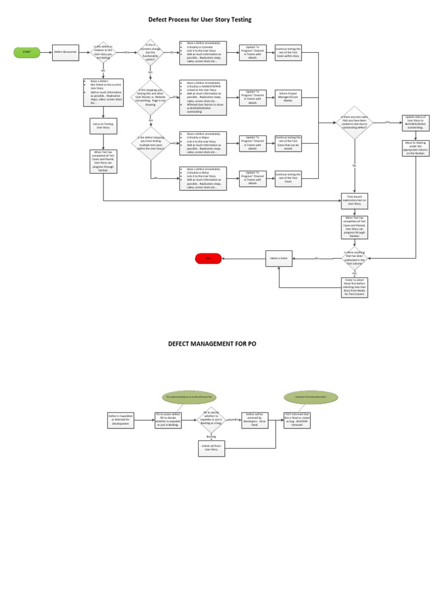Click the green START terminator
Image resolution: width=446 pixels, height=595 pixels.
(x=26, y=52)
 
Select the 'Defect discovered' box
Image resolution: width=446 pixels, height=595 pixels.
(x=66, y=52)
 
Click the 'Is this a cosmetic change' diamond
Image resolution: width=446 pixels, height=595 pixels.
(x=150, y=52)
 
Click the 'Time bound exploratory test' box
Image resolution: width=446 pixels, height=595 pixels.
(x=354, y=202)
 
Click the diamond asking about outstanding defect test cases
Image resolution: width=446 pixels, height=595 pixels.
(x=354, y=123)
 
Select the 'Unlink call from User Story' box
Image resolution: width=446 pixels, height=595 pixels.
(x=211, y=447)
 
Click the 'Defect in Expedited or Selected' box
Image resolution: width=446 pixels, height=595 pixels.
(x=121, y=419)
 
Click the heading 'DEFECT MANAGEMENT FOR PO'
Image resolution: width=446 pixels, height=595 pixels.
(x=212, y=343)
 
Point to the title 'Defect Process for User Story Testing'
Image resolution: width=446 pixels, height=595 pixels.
(x=200, y=20)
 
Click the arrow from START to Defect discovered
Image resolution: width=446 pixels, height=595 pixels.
(x=46, y=52)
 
